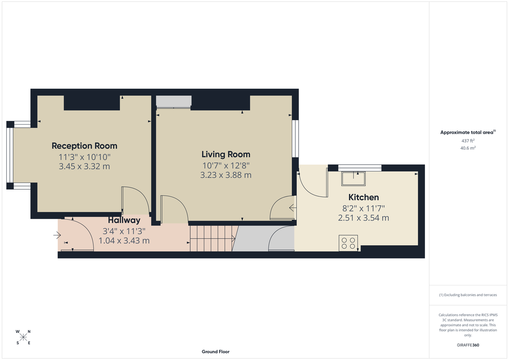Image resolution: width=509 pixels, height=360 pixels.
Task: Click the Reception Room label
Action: click(84, 146)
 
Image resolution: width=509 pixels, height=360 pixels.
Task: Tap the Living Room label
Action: click(226, 154)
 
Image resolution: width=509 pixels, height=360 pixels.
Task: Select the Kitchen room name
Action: click(364, 197)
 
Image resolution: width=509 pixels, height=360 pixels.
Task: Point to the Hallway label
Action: click(124, 220)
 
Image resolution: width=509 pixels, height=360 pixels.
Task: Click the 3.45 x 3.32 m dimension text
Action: click(84, 166)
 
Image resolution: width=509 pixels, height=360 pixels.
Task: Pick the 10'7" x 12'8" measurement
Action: click(226, 165)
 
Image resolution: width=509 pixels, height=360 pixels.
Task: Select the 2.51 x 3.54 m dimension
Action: click(364, 218)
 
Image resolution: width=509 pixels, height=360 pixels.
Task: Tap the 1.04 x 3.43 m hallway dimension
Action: click(124, 240)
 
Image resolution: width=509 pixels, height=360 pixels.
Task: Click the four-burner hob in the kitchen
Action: click(348, 243)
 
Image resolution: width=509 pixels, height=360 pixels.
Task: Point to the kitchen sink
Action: click(354, 179)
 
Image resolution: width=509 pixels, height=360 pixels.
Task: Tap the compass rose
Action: click(23, 337)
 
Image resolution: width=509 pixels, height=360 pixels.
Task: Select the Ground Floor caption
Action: click(215, 352)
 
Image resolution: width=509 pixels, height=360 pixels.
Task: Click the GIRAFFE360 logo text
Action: click(468, 345)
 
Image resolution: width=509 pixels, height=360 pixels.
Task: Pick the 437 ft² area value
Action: click(467, 140)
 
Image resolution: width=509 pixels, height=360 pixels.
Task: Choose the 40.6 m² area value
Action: click(467, 148)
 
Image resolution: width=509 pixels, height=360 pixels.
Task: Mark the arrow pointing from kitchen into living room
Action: click(292, 208)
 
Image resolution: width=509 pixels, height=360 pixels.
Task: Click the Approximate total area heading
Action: click(467, 132)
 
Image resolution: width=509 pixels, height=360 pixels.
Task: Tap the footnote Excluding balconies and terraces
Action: click(467, 295)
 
